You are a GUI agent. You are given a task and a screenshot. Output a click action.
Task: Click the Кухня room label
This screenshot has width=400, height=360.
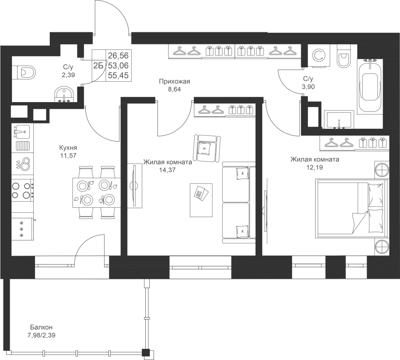(x=68, y=148)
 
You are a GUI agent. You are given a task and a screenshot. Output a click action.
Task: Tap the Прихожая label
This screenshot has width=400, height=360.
(x=175, y=82)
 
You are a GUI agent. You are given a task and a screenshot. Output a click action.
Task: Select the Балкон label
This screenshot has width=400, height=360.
(x=41, y=327)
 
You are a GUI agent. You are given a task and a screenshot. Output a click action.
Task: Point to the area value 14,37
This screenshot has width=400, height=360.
(x=168, y=170)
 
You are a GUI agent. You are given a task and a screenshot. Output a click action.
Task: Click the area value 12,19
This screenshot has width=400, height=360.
(x=315, y=167)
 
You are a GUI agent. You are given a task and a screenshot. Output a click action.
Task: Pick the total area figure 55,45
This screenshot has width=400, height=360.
(x=118, y=75)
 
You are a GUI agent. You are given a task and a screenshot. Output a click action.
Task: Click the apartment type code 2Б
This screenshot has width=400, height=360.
(x=98, y=66)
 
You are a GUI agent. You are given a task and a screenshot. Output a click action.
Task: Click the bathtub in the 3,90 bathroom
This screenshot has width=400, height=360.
(x=370, y=86)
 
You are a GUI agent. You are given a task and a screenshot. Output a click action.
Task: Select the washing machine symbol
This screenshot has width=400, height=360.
(x=319, y=56)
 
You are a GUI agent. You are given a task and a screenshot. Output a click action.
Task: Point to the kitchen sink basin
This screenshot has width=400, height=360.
(x=23, y=131)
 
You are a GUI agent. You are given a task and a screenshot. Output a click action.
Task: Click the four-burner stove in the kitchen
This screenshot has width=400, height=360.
(x=23, y=190)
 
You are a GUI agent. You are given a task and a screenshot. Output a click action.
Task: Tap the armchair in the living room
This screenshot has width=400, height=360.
(x=207, y=148)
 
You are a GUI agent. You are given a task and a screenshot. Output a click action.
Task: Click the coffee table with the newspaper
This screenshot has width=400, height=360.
(x=201, y=200)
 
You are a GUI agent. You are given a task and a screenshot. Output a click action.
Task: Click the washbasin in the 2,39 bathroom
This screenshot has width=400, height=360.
(x=64, y=94)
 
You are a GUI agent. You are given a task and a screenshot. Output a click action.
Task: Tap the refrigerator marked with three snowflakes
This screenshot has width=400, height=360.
(x=23, y=229)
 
